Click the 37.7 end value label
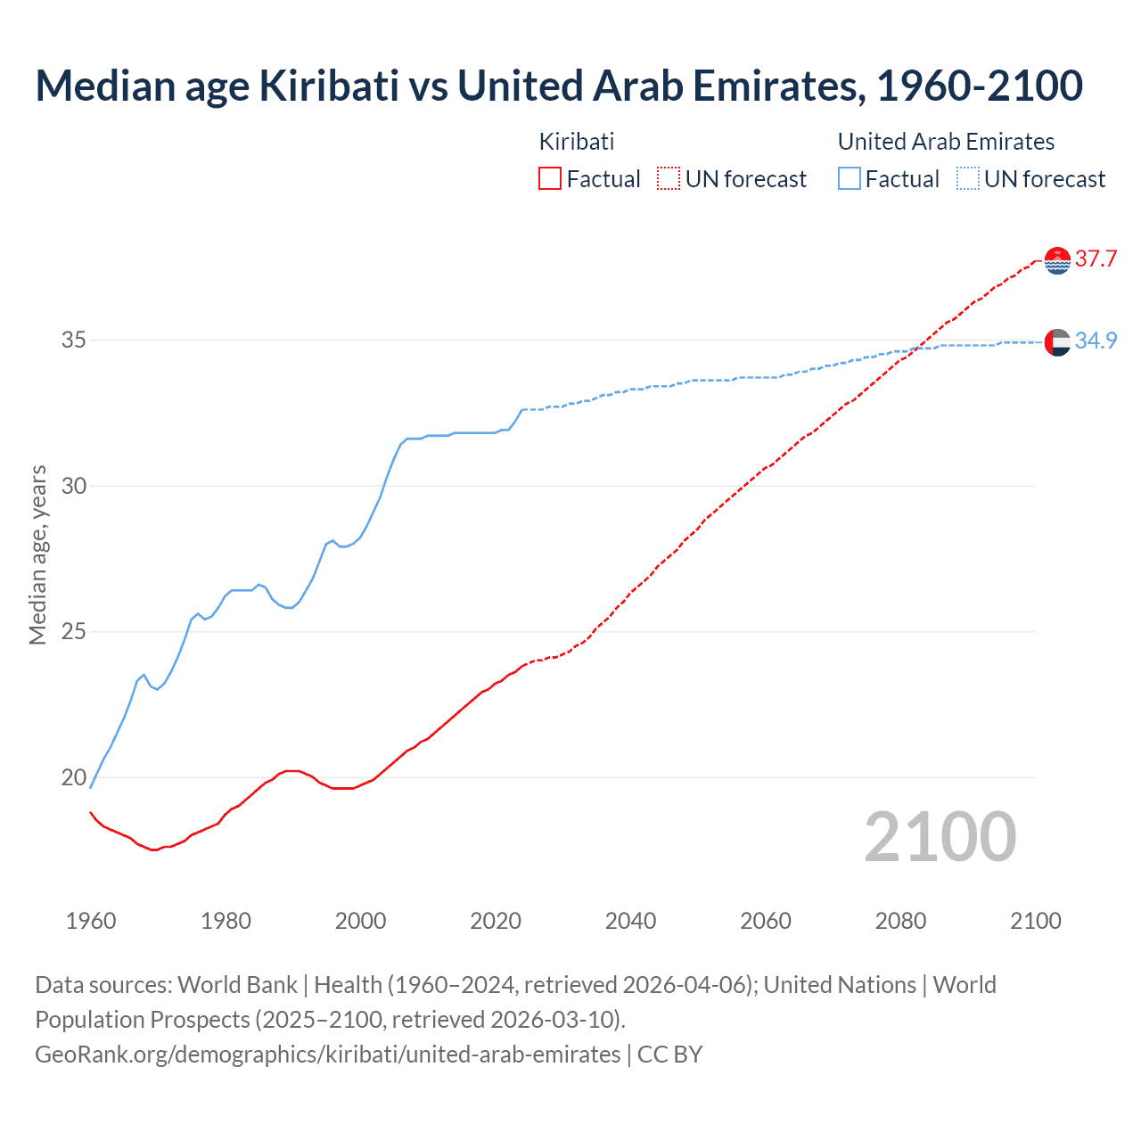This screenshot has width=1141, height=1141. pyautogui.click(x=1096, y=259)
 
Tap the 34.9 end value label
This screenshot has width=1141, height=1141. pyautogui.click(x=1096, y=341)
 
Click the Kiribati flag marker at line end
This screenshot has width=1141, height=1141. pyautogui.click(x=1057, y=260)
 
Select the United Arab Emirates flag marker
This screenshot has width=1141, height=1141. pyautogui.click(x=1057, y=341)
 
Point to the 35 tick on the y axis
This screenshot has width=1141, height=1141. pyautogui.click(x=74, y=341)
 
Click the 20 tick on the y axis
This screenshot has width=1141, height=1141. pyautogui.click(x=74, y=777)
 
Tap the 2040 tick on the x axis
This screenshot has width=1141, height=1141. pyautogui.click(x=630, y=921)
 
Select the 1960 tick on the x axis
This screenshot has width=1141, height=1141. pyautogui.click(x=91, y=921)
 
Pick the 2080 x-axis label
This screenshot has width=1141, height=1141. pyautogui.click(x=900, y=921)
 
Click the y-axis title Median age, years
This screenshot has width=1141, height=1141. pyautogui.click(x=37, y=554)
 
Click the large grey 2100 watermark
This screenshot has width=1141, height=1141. pyautogui.click(x=940, y=837)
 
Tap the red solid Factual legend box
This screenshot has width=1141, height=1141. pyautogui.click(x=550, y=179)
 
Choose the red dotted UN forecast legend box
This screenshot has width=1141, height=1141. pyautogui.click(x=669, y=179)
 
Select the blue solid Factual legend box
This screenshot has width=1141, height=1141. pyautogui.click(x=850, y=179)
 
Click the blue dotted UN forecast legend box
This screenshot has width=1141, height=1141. pyautogui.click(x=968, y=179)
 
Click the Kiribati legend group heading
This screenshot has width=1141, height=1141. pyautogui.click(x=577, y=142)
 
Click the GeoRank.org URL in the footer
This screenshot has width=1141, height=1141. pyautogui.click(x=327, y=1055)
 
